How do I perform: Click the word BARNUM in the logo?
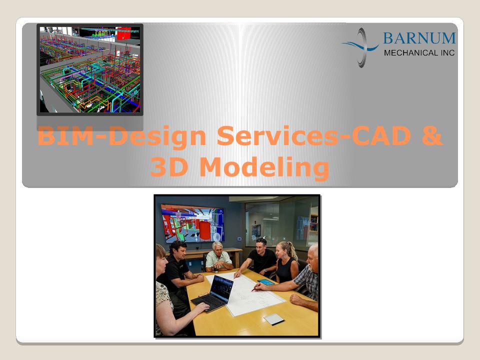[419, 38]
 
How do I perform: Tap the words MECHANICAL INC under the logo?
[419, 53]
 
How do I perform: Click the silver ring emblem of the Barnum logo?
[361, 47]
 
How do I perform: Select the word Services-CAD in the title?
[313, 135]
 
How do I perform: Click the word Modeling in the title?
[264, 168]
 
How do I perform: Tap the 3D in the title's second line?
[169, 166]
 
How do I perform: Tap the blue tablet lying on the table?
[266, 282]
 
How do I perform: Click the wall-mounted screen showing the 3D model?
[193, 223]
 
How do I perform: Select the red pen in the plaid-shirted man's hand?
[256, 287]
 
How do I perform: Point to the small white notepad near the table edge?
[274, 319]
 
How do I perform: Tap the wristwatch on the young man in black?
[265, 270]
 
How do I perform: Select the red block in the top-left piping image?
[123, 33]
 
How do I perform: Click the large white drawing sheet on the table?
[245, 293]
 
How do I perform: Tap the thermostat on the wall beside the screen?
[239, 239]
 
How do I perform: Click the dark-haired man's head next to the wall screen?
[178, 249]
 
